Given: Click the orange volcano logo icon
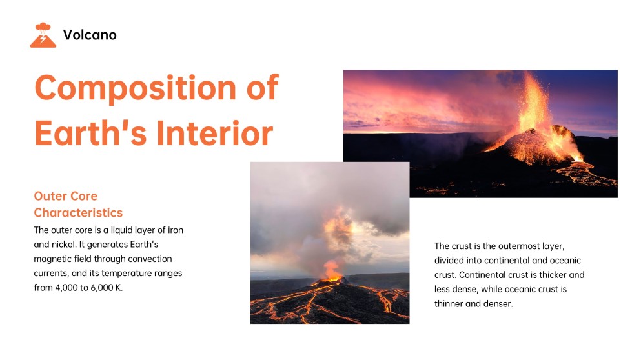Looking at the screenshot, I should point(43,35).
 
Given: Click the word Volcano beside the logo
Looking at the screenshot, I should point(90,35).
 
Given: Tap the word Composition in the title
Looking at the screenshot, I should point(128,88).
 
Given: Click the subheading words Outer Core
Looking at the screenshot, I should point(65,196).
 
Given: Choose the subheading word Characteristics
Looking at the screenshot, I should point(78,212).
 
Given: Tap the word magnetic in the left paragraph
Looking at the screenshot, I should point(56,259).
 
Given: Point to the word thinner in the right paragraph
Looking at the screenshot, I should point(452,303).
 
